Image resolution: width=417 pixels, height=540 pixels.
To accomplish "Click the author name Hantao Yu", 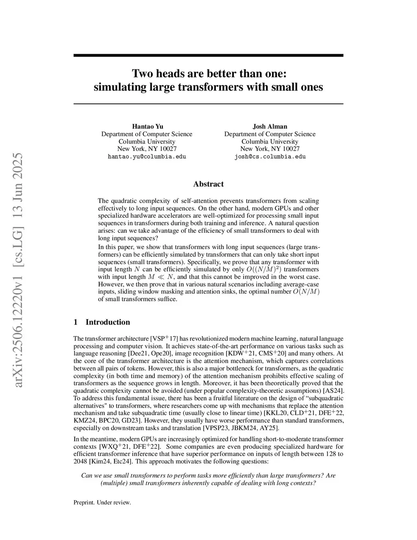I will tap(147, 126).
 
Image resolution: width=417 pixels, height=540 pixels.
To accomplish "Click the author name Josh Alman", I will tap(270, 126).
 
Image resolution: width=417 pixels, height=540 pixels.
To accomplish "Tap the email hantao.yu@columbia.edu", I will tap(147, 156).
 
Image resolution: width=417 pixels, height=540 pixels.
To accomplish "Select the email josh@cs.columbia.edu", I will tap(270, 156).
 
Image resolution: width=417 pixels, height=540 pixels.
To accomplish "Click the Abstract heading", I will tap(208, 184).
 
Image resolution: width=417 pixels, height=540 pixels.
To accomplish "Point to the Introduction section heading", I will tap(108, 322).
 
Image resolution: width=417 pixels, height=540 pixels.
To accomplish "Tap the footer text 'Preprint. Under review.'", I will tap(102, 503).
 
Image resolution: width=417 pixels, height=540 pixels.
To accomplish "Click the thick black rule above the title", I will tap(208, 55).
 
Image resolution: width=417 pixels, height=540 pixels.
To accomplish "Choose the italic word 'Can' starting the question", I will tap(87, 476).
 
